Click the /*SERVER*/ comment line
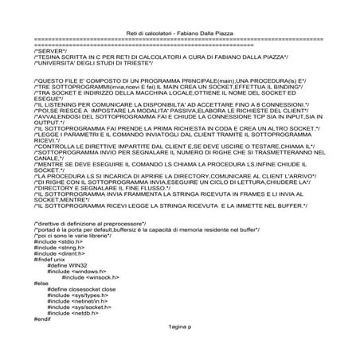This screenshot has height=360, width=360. (x=49, y=49)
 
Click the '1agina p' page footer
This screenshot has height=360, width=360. (x=181, y=327)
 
